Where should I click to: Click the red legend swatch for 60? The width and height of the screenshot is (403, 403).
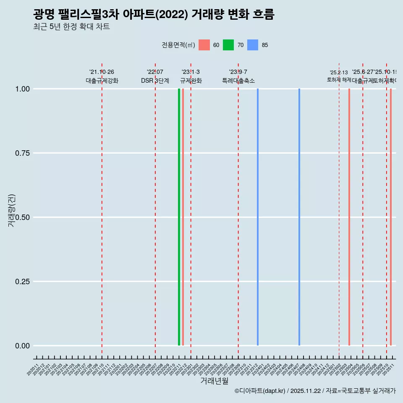pyautogui.click(x=204, y=45)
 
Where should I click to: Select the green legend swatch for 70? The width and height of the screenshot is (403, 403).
pyautogui.click(x=228, y=45)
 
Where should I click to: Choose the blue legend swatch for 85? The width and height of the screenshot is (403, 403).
pyautogui.click(x=253, y=45)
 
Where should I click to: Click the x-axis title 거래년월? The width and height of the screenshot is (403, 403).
pyautogui.click(x=214, y=381)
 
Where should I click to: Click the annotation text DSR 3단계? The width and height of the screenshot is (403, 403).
pyautogui.click(x=155, y=81)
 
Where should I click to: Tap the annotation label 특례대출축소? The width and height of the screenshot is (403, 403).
pyautogui.click(x=238, y=81)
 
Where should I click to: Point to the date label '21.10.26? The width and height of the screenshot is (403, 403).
pyautogui.click(x=102, y=72)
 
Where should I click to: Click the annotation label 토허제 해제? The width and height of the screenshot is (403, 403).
pyautogui.click(x=339, y=80)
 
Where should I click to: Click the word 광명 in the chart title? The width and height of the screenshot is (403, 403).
pyautogui.click(x=44, y=15)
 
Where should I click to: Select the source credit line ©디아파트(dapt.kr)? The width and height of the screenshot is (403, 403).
pyautogui.click(x=260, y=391)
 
